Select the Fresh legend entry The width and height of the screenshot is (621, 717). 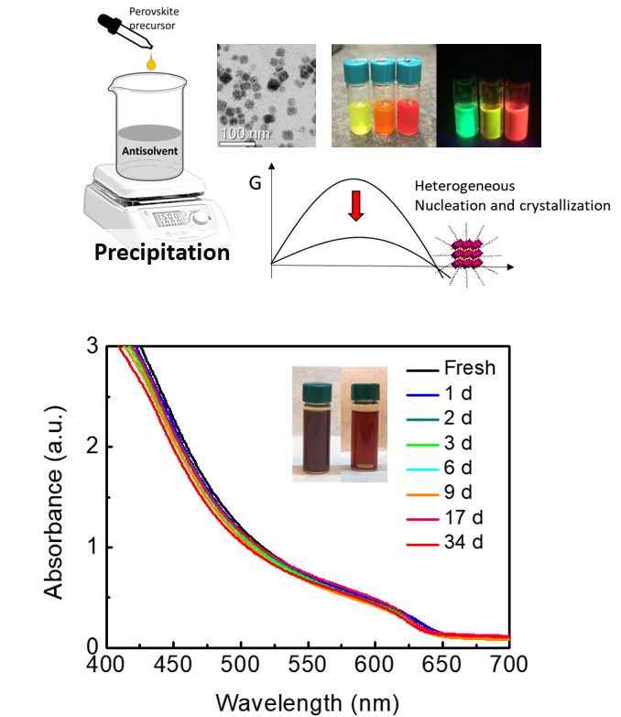[x=469, y=368]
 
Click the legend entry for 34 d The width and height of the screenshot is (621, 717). [x=463, y=542]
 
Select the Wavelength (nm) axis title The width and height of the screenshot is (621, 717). [x=308, y=702]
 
